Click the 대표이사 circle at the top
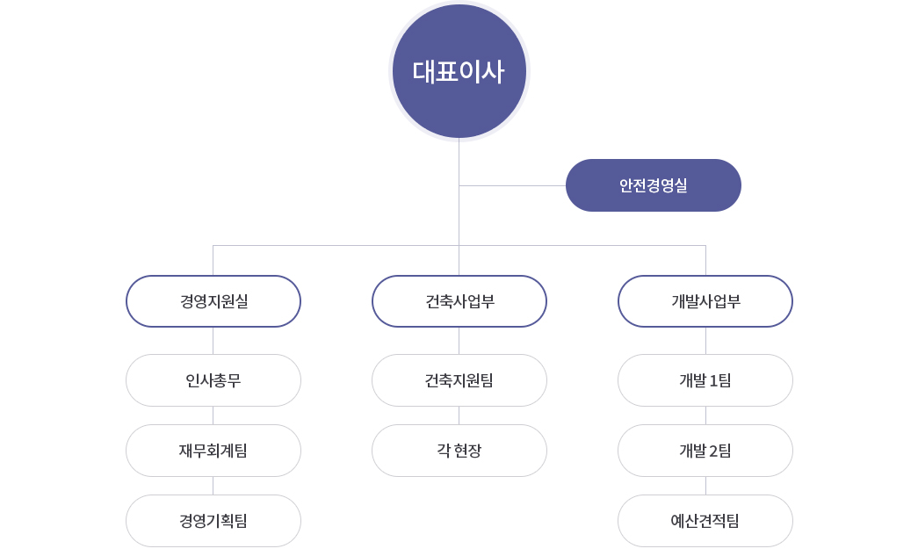pos(459,71)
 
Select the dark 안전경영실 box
pos(654,185)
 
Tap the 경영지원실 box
pos(213,301)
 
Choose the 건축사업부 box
pos(459,301)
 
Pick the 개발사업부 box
pos(705,301)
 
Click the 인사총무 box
pos(213,380)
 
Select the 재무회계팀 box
pos(213,451)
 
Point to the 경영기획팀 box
pos(213,521)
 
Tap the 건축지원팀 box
pos(459,380)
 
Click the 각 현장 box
pos(459,451)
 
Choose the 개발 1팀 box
pos(705,380)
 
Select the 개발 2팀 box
pos(705,451)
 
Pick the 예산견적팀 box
pos(705,521)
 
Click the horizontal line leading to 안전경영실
pos(512,185)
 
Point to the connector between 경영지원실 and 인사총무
pos(213,341)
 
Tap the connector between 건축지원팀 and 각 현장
pos(459,415)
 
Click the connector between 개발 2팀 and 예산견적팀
pos(705,486)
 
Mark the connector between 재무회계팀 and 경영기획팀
pos(213,486)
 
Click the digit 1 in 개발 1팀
pos(713,381)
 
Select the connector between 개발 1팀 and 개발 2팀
pos(705,415)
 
